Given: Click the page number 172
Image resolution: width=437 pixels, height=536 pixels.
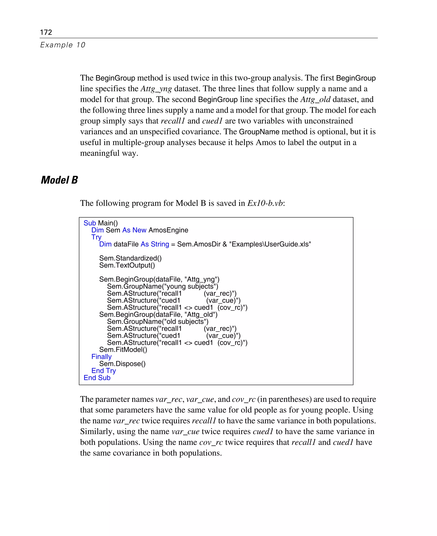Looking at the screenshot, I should click(x=46, y=32).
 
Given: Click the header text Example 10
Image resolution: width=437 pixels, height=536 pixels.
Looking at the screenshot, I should click(x=63, y=45).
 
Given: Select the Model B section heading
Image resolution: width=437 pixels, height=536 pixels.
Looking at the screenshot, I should click(x=59, y=180).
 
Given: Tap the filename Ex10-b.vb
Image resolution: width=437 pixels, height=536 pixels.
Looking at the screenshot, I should click(x=265, y=203).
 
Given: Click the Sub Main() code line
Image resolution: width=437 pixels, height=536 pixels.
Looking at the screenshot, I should click(x=101, y=223).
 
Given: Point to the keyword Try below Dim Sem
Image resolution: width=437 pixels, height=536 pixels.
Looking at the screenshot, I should click(x=96, y=237).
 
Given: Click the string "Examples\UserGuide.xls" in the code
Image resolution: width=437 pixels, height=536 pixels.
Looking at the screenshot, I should click(x=270, y=244).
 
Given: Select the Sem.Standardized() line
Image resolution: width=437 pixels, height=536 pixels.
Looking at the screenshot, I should click(x=130, y=258).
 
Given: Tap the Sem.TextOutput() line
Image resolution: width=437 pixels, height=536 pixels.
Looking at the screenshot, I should click(x=127, y=265).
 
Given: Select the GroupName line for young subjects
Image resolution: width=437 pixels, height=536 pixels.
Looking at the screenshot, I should click(x=162, y=287).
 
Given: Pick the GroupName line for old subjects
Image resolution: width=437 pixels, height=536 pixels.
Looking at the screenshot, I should click(x=158, y=322).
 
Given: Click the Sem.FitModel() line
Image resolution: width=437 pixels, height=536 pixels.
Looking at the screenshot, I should click(x=123, y=350).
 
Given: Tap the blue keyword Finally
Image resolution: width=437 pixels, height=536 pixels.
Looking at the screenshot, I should click(x=101, y=357).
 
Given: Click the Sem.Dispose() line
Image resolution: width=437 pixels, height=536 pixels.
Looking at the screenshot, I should click(x=122, y=364).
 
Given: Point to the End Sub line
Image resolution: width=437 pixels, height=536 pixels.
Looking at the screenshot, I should click(x=97, y=378).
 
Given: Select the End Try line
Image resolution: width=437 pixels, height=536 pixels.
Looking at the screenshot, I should click(x=103, y=371).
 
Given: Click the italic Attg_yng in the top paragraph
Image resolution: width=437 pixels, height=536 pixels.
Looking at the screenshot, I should click(x=156, y=89).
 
